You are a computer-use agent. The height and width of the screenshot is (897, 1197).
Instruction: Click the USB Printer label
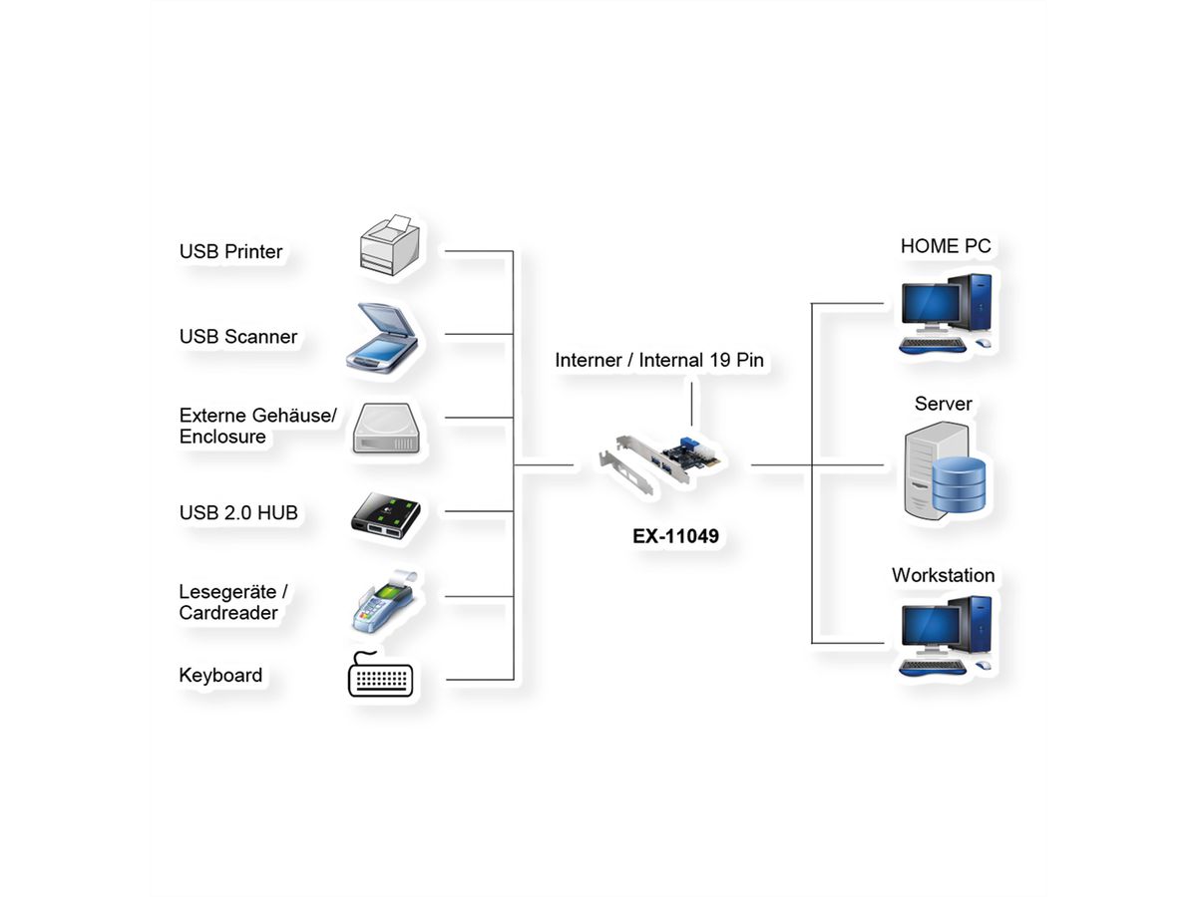click(x=230, y=252)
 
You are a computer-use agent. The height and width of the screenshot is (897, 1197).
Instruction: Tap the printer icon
click(x=390, y=246)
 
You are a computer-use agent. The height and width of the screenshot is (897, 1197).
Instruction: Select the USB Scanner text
click(x=237, y=337)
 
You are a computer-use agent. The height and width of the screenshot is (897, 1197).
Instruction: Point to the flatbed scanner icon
click(x=384, y=336)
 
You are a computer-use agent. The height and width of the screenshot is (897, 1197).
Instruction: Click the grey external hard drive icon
click(x=389, y=429)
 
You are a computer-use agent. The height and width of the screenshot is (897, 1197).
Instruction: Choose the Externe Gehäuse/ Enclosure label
click(x=258, y=426)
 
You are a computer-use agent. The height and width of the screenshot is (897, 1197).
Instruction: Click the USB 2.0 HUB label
click(x=238, y=513)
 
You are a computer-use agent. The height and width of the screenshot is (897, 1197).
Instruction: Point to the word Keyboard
click(x=220, y=676)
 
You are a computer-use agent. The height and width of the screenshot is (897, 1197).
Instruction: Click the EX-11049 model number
click(x=675, y=536)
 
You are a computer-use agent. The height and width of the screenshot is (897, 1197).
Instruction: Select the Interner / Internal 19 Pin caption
click(x=659, y=360)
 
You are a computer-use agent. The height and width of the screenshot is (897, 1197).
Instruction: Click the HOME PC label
click(x=946, y=246)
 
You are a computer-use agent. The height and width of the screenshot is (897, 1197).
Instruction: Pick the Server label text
click(x=943, y=404)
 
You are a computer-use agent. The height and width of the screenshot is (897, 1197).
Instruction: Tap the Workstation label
click(x=943, y=575)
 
